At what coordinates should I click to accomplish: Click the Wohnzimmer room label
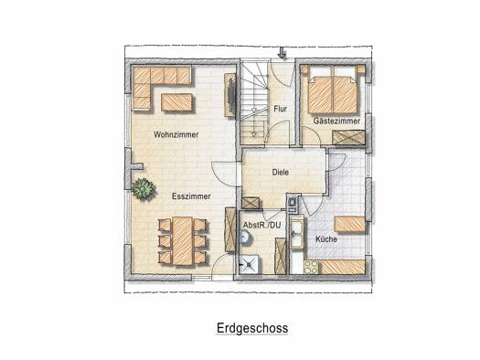coord(176,134)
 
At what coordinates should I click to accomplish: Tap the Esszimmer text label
coord(191,196)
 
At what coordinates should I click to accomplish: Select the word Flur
coord(280,109)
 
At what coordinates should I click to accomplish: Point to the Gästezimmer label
coord(336,121)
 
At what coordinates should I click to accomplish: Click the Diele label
coord(281,172)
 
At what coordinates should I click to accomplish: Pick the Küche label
coord(326,239)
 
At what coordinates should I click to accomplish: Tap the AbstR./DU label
coord(262,226)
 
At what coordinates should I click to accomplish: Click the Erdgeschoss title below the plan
coord(252,328)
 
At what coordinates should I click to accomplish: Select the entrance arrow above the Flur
coord(282,53)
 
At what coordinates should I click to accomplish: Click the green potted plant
coord(143,189)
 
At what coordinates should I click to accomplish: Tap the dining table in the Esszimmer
coord(183,241)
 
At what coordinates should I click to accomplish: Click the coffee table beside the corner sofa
coord(177,102)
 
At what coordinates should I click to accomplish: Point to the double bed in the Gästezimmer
coord(333,90)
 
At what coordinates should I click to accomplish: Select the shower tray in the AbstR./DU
coord(250,265)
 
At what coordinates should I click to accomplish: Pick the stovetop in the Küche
coord(312,267)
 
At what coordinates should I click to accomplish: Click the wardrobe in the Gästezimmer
coord(348,138)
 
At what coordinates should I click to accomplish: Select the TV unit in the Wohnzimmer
coord(230,95)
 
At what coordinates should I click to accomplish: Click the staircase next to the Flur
coord(254,102)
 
